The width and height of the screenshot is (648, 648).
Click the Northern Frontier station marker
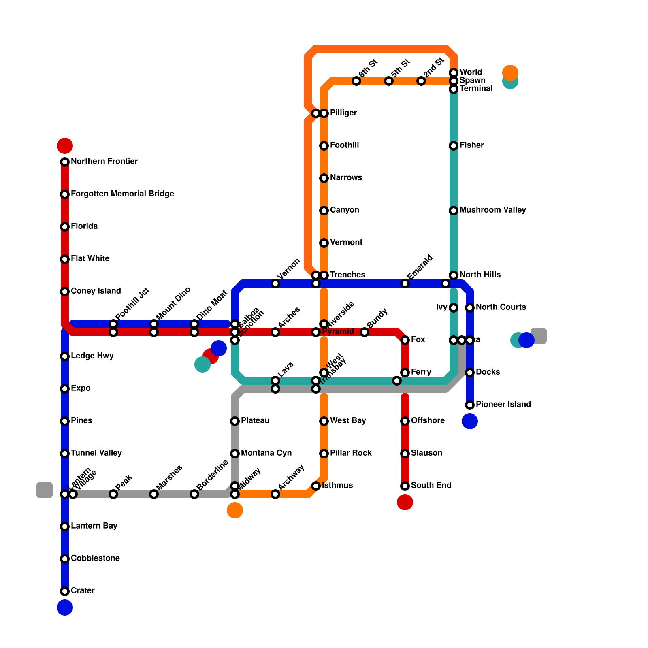pos(65,162)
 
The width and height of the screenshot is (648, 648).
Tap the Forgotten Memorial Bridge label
pos(122,194)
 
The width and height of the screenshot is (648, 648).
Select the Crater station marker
pos(65,591)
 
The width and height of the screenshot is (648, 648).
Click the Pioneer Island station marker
pos(470,405)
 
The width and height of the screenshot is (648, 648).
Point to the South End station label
pos(431,486)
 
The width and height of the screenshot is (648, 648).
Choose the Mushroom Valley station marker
pos(454,211)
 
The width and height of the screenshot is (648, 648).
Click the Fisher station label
pos(472,145)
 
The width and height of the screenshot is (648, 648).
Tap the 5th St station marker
pos(389,81)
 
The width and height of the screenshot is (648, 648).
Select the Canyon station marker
pos(324,211)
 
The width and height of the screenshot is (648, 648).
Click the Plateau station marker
pos(235,421)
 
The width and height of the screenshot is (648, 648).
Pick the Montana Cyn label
pos(266,453)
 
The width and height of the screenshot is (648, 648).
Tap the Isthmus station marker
pos(316,486)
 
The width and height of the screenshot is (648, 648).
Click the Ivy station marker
pos(454,308)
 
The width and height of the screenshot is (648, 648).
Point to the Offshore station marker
pos(405,421)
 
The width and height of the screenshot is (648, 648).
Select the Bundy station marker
pos(364,332)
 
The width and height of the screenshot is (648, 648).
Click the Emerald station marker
pos(405,283)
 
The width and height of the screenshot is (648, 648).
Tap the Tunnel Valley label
pos(96,453)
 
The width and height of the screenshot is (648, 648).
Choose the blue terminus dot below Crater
pos(65,607)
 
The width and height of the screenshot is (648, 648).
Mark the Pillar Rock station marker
pos(324,454)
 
